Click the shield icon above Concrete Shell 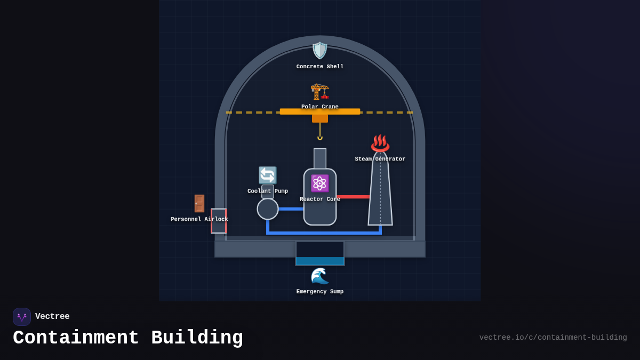[x=320, y=51]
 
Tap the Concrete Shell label [x=320, y=67]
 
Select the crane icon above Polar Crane [x=320, y=91]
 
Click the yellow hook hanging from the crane [x=320, y=138]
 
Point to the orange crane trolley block [x=320, y=118]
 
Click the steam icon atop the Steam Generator [x=380, y=143]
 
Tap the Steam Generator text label [x=380, y=159]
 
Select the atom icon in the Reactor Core [x=320, y=183]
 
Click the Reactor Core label [x=320, y=199]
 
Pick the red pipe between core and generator [x=353, y=197]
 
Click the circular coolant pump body [x=268, y=209]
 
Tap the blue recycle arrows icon [x=268, y=175]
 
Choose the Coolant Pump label [x=268, y=191]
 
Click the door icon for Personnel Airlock [x=199, y=203]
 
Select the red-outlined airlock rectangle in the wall [x=219, y=221]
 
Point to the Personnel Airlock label [x=199, y=219]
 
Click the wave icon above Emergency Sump [x=320, y=276]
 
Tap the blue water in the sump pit [x=320, y=261]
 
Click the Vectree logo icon [x=22, y=317]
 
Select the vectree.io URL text [x=553, y=338]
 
